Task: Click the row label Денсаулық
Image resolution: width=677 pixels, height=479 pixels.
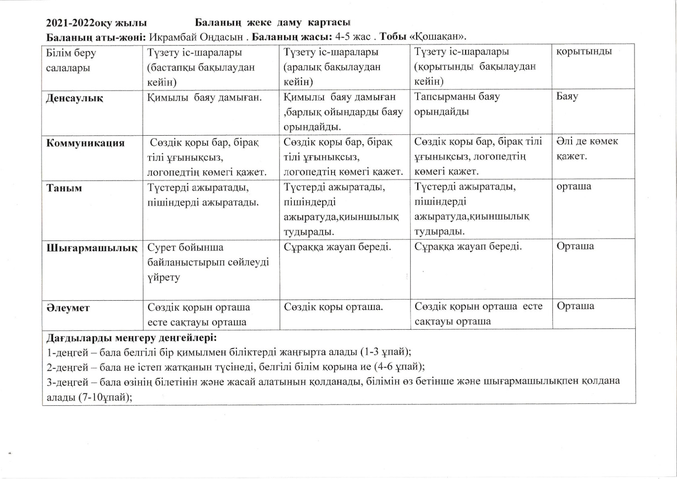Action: [x=75, y=98]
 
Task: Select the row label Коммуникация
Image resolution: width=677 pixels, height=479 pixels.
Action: [x=85, y=143]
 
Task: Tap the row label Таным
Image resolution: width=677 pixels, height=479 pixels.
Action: [x=64, y=188]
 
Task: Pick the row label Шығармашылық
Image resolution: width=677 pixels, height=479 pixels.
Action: [x=92, y=248]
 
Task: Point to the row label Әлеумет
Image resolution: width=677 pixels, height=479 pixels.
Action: [x=68, y=308]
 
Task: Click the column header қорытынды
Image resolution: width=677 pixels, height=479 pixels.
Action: [x=584, y=52]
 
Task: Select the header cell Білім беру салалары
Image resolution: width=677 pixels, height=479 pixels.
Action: [x=71, y=60]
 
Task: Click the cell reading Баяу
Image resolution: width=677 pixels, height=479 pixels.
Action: [x=567, y=96]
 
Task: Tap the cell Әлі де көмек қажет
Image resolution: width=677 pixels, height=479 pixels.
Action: [x=587, y=149]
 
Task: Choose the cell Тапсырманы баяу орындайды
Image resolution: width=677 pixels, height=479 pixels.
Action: [x=457, y=104]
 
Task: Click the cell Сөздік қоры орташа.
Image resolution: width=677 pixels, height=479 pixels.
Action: [x=333, y=307]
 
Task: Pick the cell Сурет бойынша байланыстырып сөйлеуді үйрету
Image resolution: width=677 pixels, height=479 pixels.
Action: [x=208, y=262]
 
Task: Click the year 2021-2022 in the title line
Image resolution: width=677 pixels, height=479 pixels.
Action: [x=70, y=23]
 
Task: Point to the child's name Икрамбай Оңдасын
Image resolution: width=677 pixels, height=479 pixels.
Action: [x=196, y=37]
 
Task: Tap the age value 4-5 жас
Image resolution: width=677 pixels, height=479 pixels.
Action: [x=353, y=37]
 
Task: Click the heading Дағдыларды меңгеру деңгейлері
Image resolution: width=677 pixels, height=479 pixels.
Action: [x=132, y=337]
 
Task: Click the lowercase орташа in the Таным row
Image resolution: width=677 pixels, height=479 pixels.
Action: [x=574, y=186]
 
